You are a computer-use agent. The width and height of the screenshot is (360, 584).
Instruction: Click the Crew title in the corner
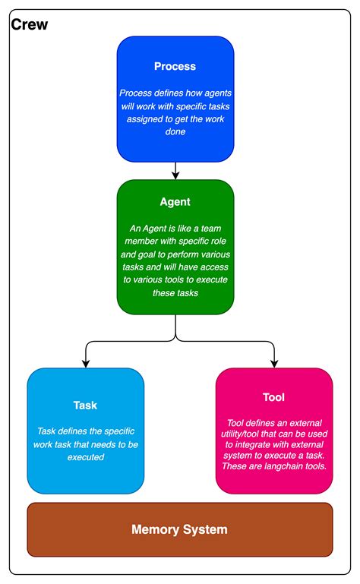pos(30,25)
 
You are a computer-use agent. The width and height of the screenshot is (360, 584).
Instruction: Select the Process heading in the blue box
pos(175,66)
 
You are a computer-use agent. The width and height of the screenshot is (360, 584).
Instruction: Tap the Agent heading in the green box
pos(175,202)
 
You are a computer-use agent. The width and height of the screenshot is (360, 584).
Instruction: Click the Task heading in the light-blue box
pos(85,405)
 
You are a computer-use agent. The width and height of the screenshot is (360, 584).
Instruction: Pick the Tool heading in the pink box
pos(273,398)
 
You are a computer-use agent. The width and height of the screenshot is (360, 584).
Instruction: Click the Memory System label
pos(179,529)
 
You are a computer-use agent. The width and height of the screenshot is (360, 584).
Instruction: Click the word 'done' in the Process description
pos(175,132)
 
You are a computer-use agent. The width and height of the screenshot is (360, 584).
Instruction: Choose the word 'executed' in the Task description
pos(85,457)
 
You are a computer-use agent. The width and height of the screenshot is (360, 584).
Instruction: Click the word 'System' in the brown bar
pos(204,529)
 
